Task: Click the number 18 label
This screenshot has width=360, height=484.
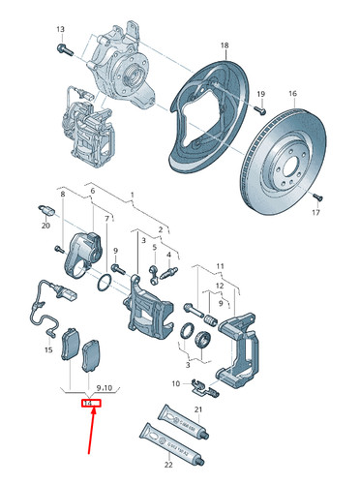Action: (x=225, y=45)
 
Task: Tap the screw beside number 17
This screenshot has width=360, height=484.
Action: (x=315, y=198)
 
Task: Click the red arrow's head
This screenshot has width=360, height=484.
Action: (x=93, y=414)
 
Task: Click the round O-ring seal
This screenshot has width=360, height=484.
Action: (x=103, y=284)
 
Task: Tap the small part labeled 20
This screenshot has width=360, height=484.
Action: (x=45, y=210)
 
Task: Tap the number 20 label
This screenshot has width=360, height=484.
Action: (x=45, y=226)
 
